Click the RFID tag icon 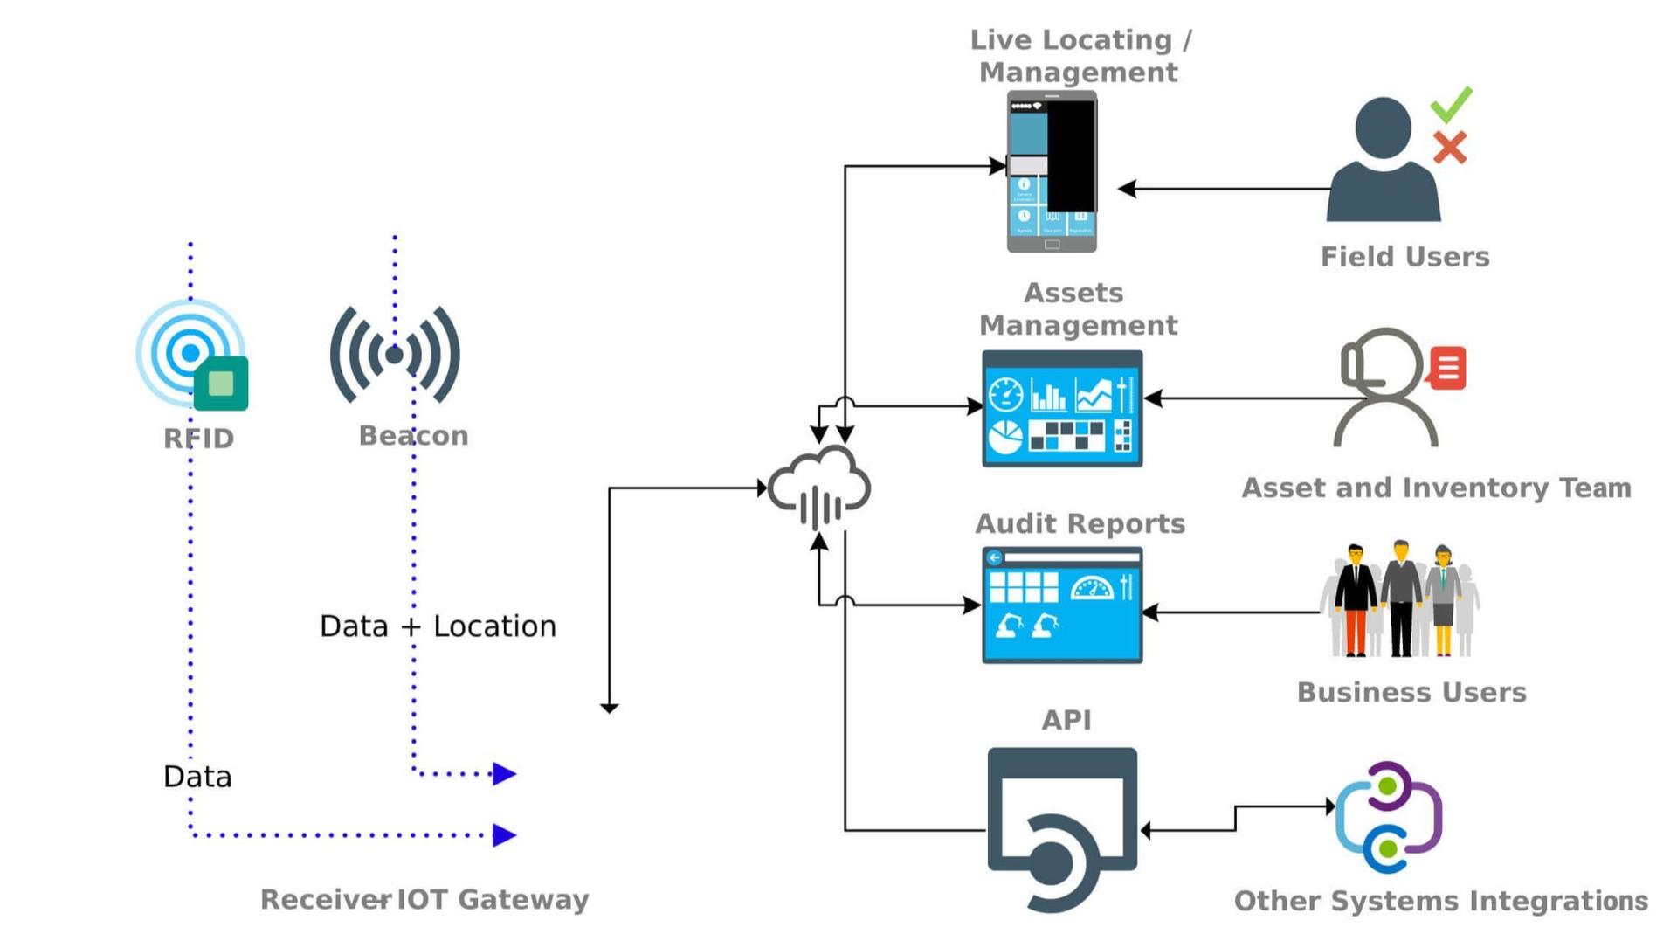[x=191, y=355]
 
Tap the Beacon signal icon [x=395, y=355]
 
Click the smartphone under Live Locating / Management [x=1052, y=171]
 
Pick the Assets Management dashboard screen [x=1062, y=409]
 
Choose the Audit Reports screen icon [x=1062, y=605]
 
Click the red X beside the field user [x=1450, y=148]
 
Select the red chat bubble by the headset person [x=1446, y=368]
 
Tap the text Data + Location [x=438, y=626]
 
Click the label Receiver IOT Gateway [x=424, y=899]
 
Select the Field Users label [x=1404, y=257]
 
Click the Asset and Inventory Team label [x=1436, y=488]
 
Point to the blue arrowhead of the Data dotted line [x=504, y=835]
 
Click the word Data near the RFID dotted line [x=197, y=777]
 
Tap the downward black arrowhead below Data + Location [x=610, y=707]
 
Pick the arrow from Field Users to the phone [x=1223, y=189]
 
